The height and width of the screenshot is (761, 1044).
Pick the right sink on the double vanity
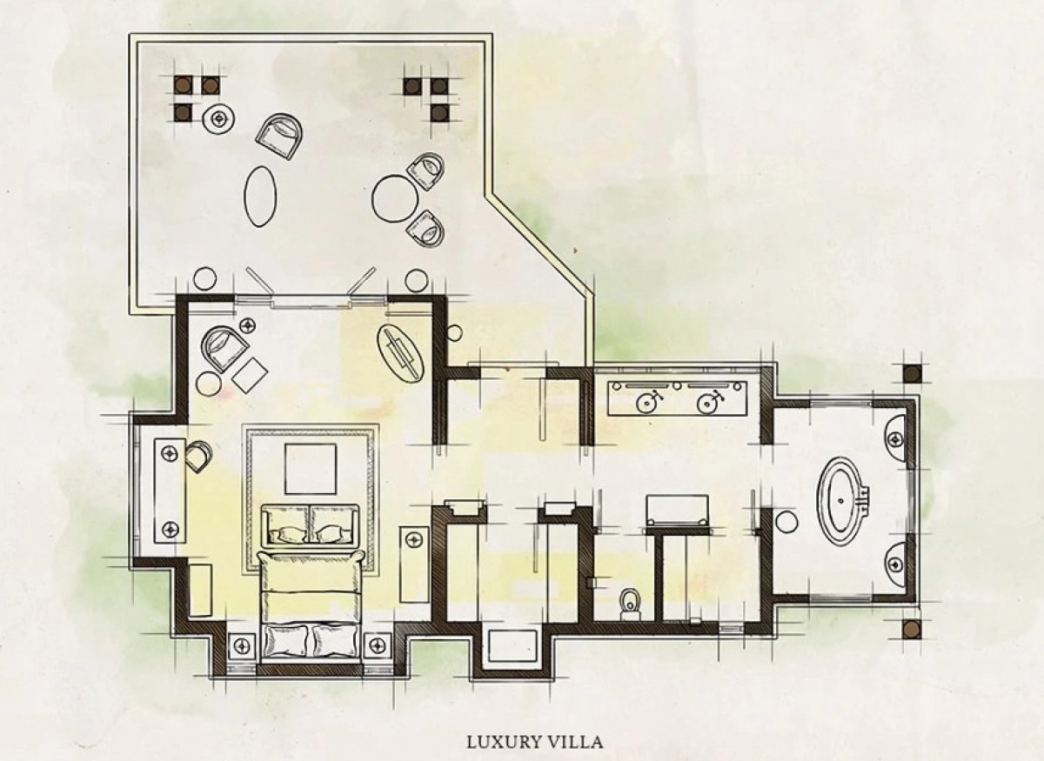tap(707, 402)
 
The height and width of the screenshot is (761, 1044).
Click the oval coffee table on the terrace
tap(260, 197)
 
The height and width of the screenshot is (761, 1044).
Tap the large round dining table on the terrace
tap(395, 198)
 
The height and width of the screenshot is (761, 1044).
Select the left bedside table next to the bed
tap(242, 646)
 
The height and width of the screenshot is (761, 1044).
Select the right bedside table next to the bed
tap(377, 646)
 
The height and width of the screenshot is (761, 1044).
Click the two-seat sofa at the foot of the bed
tap(311, 525)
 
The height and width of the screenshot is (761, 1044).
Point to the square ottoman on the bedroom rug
tap(311, 469)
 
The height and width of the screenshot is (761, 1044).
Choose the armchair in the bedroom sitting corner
tap(224, 347)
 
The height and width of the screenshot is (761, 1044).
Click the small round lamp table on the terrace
tap(218, 119)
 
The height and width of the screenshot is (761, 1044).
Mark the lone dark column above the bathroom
tap(912, 373)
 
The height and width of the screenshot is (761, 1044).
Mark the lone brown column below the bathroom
tap(912, 630)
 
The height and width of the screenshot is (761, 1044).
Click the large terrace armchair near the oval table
tap(279, 137)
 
